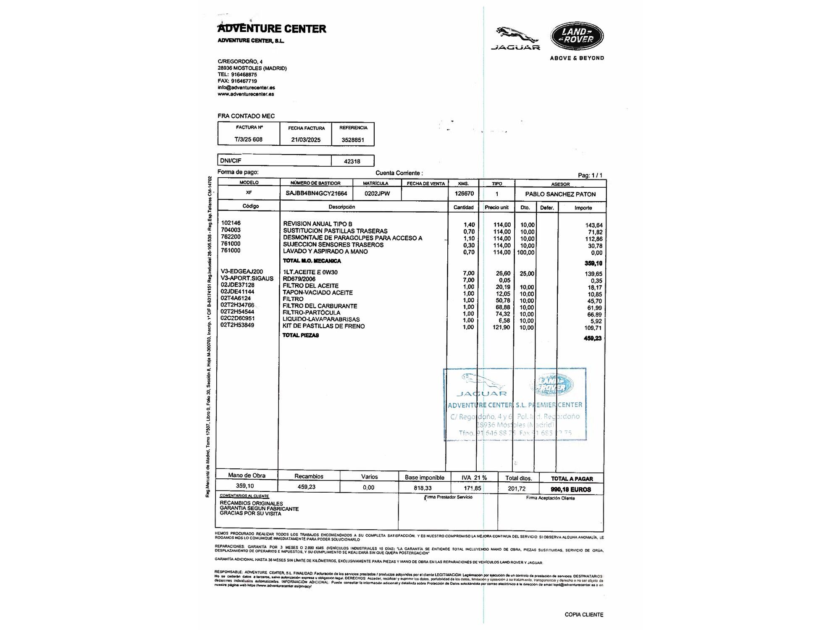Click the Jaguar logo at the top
click(x=516, y=38)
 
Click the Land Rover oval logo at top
click(x=577, y=36)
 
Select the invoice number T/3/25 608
click(x=249, y=139)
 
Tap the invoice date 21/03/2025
click(x=306, y=140)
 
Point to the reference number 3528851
click(x=353, y=140)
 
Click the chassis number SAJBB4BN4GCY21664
click(x=316, y=194)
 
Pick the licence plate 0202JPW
click(x=377, y=194)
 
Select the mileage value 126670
click(x=464, y=194)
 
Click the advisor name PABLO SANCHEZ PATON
click(x=560, y=194)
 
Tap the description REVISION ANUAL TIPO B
click(x=318, y=224)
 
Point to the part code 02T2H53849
click(x=237, y=325)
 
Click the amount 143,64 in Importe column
click(x=594, y=226)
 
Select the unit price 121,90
click(x=501, y=327)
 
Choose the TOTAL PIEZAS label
click(x=301, y=335)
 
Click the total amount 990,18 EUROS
click(x=571, y=489)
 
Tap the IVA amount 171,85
click(x=472, y=488)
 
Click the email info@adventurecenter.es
click(x=246, y=88)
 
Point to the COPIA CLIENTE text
click(x=584, y=614)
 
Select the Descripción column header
click(x=341, y=207)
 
